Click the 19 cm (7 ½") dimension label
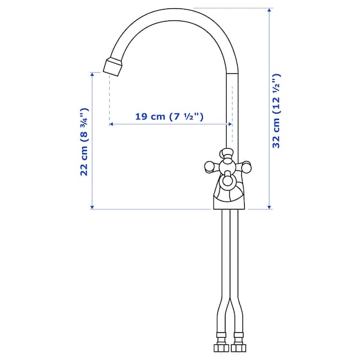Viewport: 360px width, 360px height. point(169,116)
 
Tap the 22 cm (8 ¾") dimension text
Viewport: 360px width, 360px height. point(84,142)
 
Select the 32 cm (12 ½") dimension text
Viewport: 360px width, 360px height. point(277,111)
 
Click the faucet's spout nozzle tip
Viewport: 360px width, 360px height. point(113,67)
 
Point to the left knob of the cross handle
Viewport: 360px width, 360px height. point(209,166)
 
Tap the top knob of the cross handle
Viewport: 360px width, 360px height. point(226,153)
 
